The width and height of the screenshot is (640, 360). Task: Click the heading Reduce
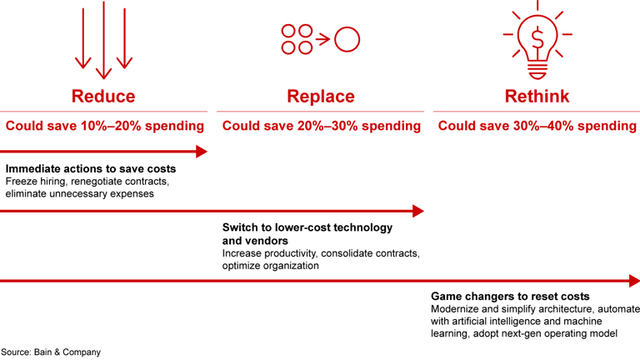103,96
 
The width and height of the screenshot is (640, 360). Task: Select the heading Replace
320,96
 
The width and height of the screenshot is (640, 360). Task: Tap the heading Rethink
537,96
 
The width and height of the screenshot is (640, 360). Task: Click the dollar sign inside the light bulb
537,37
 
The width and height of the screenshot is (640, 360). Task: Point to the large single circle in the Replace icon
347,38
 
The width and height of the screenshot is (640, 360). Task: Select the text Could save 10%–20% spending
104,126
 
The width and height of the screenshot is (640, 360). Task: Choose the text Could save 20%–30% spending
321,126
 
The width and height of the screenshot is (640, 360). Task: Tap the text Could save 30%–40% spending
537,126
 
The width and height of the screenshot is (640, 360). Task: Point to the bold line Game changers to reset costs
510,296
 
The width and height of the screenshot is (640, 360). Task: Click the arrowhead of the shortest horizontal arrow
202,151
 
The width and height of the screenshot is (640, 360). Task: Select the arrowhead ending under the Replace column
418,211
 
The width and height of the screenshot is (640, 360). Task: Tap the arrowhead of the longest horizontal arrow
634,280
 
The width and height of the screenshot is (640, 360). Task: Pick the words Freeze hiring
37,182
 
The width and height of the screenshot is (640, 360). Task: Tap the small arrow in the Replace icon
322,38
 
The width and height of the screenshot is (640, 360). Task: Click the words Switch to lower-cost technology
307,227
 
